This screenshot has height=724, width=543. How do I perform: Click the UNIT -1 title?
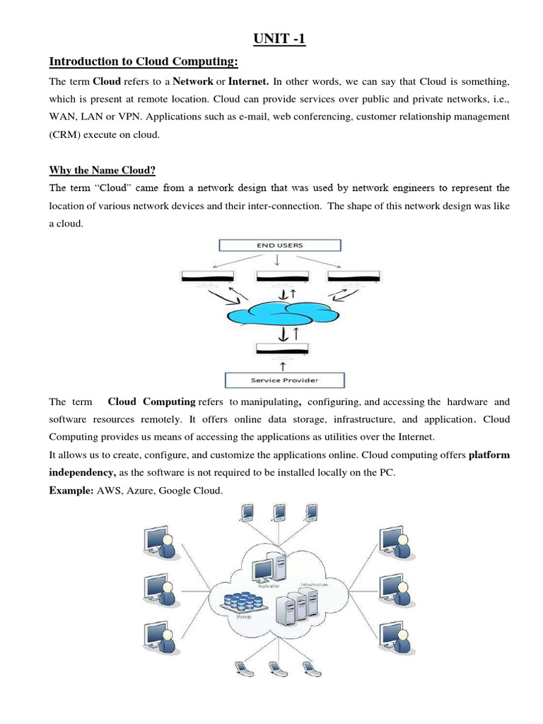279,40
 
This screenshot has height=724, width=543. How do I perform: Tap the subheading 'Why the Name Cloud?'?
102,170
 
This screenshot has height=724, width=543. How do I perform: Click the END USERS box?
280,245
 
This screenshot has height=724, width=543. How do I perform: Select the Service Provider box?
284,380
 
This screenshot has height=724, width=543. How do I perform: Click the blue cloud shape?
281,311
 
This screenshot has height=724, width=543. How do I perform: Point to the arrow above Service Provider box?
284,365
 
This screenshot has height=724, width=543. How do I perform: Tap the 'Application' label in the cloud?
269,586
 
